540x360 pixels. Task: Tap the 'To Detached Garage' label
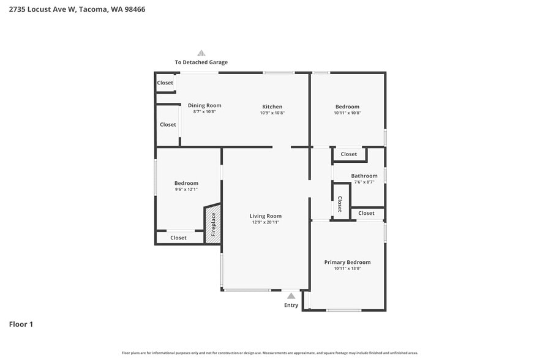tap(201, 62)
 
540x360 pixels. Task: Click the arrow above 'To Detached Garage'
tap(201, 53)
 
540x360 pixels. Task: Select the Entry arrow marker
tap(291, 296)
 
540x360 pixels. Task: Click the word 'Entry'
tap(291, 305)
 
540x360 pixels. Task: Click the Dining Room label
tap(204, 105)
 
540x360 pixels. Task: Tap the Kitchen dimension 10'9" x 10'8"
tap(272, 113)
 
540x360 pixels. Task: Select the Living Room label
tap(266, 216)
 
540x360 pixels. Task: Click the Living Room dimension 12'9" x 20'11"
tap(266, 222)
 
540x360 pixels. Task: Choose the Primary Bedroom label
tap(347, 262)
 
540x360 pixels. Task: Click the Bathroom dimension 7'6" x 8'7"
tap(364, 182)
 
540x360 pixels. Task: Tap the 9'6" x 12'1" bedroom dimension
tap(186, 189)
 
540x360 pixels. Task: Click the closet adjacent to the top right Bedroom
tap(349, 154)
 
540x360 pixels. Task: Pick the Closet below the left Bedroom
tap(178, 238)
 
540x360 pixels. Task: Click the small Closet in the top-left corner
tap(165, 83)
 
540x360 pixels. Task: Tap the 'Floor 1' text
tap(21, 324)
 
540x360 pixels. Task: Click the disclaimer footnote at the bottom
tap(269, 353)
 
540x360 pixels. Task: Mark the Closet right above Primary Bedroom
tap(366, 213)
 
